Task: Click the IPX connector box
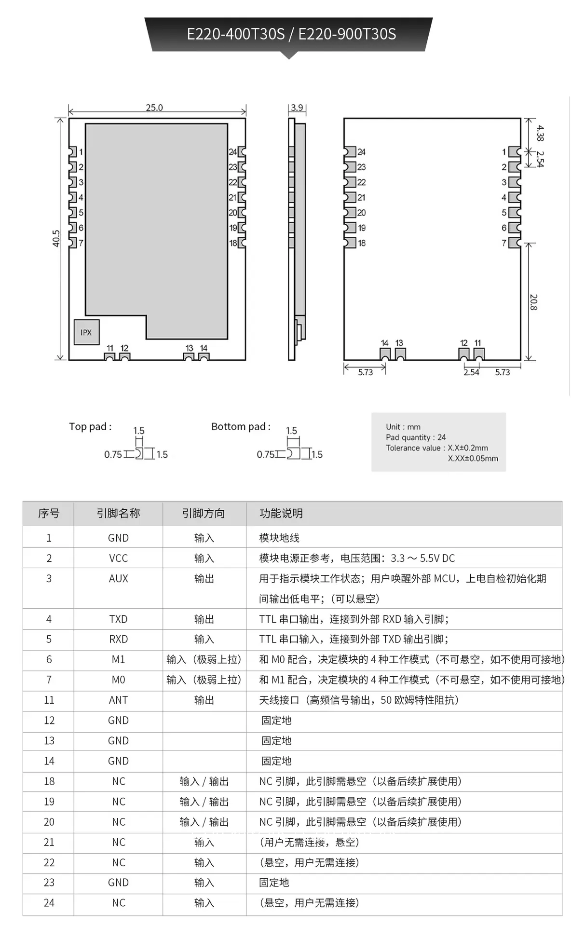[86, 332]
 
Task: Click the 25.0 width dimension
[154, 108]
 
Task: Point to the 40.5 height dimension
[56, 238]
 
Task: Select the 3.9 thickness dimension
[297, 108]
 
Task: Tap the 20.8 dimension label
[533, 302]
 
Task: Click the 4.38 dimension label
[540, 133]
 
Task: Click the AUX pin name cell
[118, 579]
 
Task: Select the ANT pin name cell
[118, 700]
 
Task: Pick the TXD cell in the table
[118, 619]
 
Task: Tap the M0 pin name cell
[118, 680]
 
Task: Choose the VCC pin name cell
[118, 558]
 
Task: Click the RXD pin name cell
[118, 640]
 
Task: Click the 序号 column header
[49, 514]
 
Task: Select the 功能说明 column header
[281, 514]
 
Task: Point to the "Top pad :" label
[90, 427]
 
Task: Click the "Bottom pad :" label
[241, 427]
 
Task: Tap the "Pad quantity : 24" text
[416, 437]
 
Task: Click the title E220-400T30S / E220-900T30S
[291, 34]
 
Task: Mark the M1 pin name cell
[118, 660]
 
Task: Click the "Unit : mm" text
[403, 427]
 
